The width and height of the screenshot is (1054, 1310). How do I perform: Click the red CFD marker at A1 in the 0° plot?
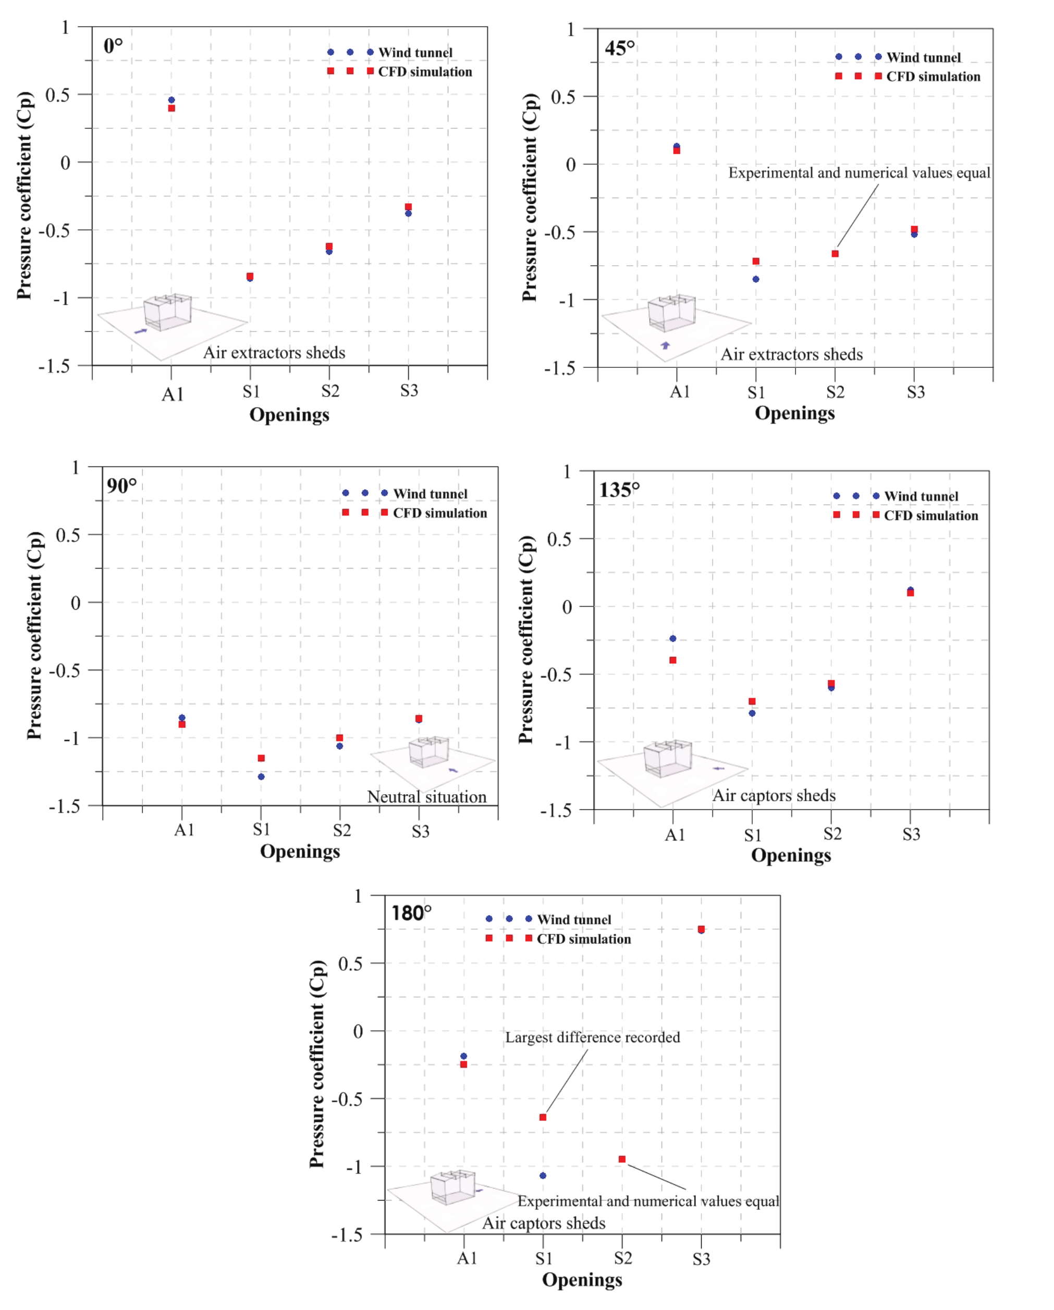(x=171, y=108)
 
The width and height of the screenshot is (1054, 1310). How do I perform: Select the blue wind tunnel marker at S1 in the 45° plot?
(x=755, y=279)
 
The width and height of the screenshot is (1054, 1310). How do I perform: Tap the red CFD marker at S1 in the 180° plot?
(x=543, y=1117)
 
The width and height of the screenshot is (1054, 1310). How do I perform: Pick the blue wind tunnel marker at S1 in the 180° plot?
(x=543, y=1176)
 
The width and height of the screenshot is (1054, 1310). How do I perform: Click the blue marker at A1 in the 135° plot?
(x=672, y=639)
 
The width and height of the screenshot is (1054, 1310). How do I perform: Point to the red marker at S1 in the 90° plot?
(x=261, y=758)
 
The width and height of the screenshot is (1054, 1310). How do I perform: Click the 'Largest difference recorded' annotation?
(x=593, y=1037)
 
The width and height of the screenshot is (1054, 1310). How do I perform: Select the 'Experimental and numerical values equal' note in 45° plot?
(x=859, y=173)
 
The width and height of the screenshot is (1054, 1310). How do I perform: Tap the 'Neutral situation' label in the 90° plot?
(x=427, y=797)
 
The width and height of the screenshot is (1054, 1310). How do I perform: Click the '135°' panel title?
(x=619, y=490)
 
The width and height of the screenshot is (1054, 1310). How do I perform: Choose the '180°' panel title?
(x=411, y=913)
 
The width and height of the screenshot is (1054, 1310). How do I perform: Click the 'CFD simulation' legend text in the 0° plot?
(x=425, y=72)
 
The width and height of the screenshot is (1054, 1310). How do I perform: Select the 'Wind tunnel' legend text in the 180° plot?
(x=574, y=919)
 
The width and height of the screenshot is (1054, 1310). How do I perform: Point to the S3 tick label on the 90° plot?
(x=421, y=831)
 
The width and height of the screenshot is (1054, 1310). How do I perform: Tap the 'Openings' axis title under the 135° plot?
(x=791, y=855)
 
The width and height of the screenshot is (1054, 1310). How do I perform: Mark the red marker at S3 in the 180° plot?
(x=701, y=929)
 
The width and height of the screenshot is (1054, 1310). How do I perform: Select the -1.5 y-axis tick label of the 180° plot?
(x=347, y=1234)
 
